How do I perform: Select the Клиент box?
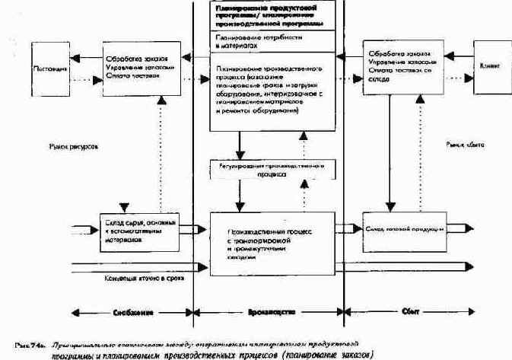pyautogui.click(x=490, y=66)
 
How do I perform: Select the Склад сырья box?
pyautogui.click(x=140, y=228)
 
